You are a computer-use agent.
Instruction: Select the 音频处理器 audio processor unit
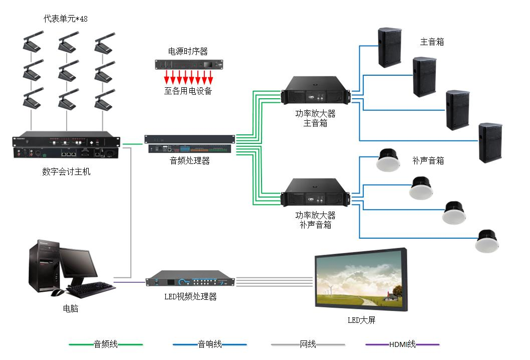click(x=189, y=143)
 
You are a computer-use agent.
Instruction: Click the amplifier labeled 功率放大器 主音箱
click(x=315, y=93)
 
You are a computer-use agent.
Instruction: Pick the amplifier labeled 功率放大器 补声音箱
click(x=315, y=192)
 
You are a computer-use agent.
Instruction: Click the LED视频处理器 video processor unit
click(x=191, y=281)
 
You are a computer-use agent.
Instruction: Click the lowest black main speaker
click(x=490, y=142)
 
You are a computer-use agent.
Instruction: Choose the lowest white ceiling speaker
click(x=487, y=241)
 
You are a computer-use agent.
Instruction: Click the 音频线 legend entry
click(x=106, y=344)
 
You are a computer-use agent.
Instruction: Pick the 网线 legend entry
click(x=308, y=344)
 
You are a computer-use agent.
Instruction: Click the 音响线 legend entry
click(x=209, y=344)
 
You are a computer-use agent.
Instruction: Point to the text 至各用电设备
click(x=188, y=91)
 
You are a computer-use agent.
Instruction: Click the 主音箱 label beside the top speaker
click(x=432, y=42)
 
